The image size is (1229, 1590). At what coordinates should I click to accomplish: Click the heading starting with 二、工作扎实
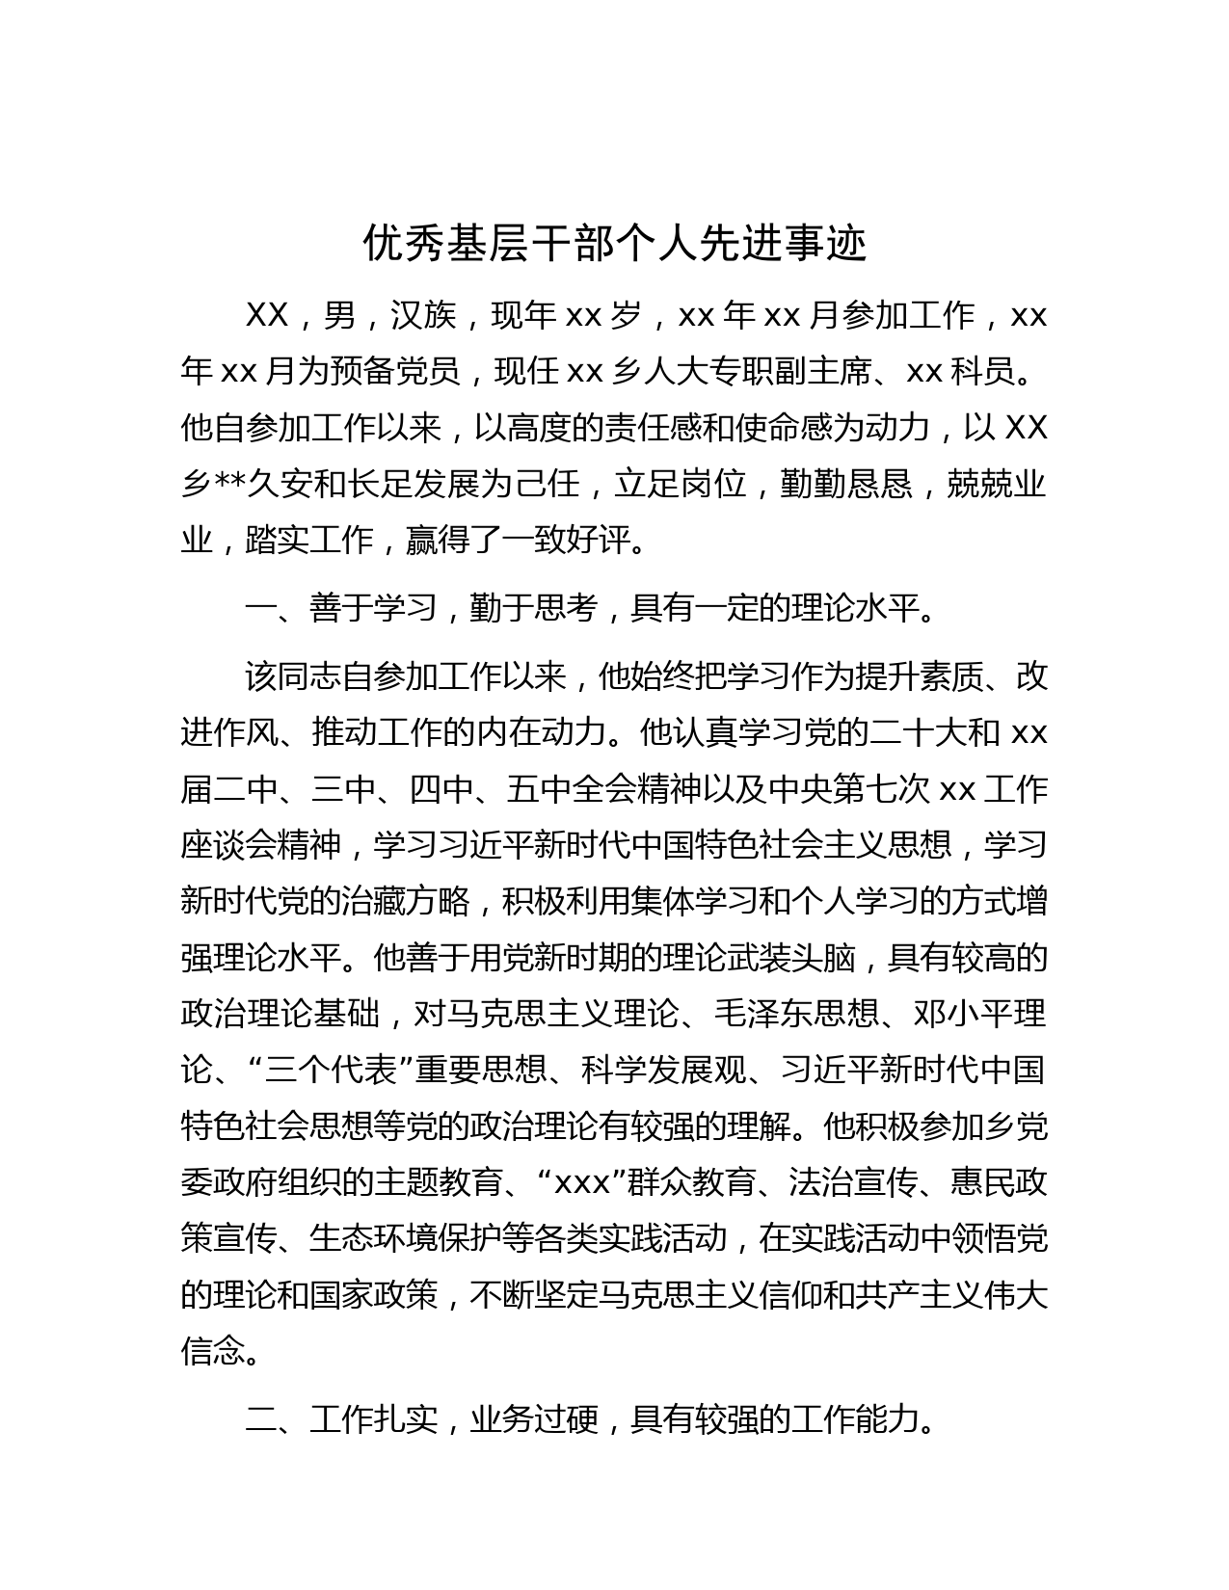coord(590,1418)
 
